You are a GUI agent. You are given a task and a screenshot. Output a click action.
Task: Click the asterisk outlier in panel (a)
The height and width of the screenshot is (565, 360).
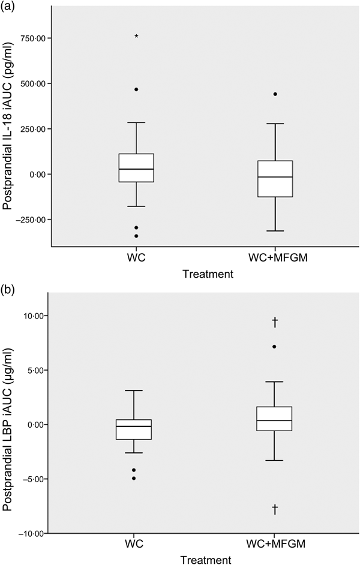tap(137, 37)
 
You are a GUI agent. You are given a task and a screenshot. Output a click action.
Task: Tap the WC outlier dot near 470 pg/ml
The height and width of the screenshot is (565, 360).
tap(137, 89)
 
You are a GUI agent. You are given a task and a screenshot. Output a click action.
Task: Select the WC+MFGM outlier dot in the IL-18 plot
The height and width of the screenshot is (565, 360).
tap(275, 94)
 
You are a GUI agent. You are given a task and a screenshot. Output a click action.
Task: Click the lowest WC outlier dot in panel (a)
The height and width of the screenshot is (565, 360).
tap(137, 236)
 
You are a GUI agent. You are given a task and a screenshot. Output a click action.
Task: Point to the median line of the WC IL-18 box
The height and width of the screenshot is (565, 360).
tap(137, 169)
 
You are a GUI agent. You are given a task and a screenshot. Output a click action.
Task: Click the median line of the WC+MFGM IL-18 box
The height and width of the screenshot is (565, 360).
tap(275, 177)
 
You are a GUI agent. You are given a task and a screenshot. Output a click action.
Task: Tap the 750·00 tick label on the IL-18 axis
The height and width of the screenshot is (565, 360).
tap(34, 38)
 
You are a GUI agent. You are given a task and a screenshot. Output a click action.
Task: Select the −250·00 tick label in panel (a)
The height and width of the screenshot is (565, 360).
tap(31, 220)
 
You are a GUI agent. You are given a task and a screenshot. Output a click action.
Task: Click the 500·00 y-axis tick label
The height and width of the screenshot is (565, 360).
tap(34, 83)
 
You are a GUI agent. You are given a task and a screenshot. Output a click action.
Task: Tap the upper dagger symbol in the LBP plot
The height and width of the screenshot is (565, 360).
tap(275, 323)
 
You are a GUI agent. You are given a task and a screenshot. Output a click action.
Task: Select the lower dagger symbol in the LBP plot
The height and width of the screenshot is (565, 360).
tap(275, 509)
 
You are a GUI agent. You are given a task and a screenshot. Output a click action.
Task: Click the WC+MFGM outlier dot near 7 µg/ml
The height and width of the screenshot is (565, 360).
tap(275, 347)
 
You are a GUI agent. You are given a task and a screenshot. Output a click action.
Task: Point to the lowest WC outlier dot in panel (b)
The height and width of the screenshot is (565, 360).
tap(134, 478)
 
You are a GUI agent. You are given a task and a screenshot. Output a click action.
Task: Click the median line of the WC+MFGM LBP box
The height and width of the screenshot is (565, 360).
tap(275, 420)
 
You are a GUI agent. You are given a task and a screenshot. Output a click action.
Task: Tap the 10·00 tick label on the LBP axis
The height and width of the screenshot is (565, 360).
tap(35, 315)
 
